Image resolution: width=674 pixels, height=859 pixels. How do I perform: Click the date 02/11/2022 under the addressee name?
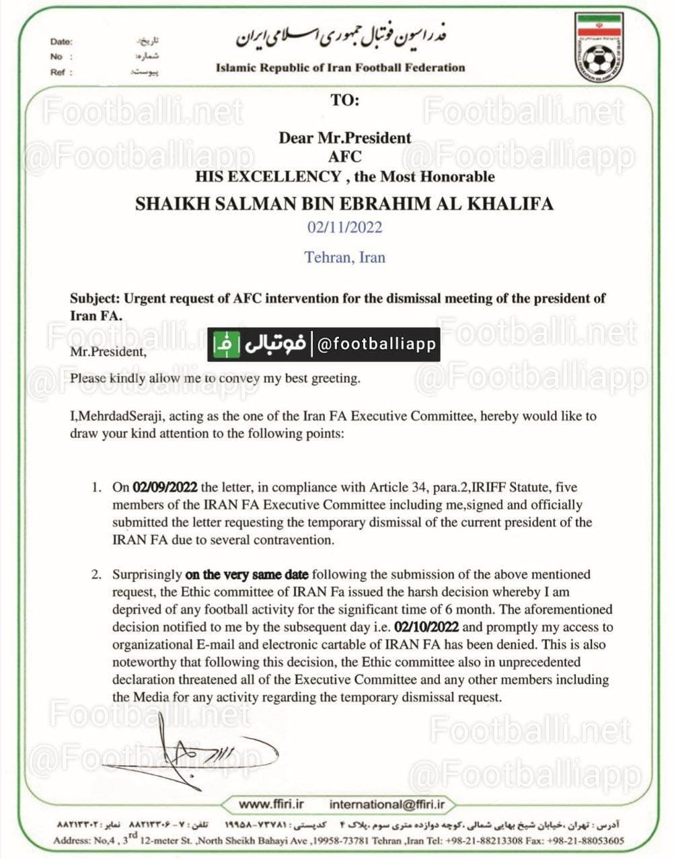coord(344,227)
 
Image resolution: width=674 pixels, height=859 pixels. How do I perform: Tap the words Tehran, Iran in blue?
coord(344,257)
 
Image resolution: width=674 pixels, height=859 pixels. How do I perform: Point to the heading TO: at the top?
coord(344,100)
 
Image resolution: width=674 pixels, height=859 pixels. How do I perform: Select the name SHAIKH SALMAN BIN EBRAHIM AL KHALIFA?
coord(344,203)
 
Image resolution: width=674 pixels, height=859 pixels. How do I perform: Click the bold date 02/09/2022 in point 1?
coord(165,487)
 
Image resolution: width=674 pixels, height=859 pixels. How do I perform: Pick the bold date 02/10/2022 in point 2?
coord(426,627)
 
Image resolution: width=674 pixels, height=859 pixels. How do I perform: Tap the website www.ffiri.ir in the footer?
coord(271,804)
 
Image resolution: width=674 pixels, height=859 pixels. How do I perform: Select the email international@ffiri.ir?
coord(387,804)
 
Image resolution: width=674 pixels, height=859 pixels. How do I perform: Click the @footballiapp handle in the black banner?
coord(377,344)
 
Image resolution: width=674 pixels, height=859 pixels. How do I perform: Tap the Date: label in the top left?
coord(61,42)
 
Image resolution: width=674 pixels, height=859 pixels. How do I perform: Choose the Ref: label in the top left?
coord(61,72)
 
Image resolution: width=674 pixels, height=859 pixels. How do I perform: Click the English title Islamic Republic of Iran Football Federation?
coord(340,67)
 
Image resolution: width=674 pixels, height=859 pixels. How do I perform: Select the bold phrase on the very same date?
coord(247,574)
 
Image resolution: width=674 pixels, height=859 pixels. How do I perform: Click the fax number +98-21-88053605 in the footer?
coord(585,840)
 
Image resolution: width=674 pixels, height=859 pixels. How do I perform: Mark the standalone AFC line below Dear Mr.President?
coord(344,157)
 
